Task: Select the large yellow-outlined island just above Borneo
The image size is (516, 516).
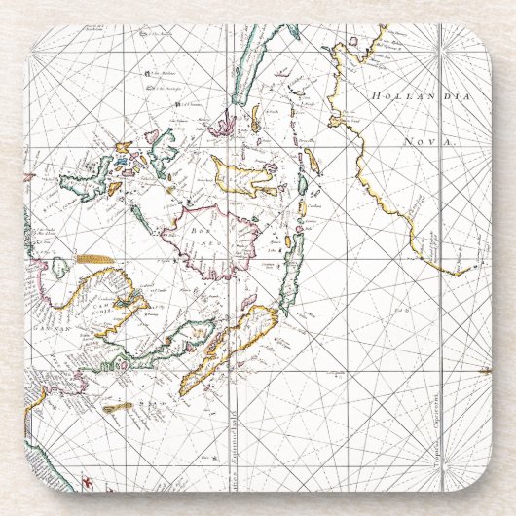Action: pos(244,179)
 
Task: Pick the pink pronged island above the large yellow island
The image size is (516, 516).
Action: pos(224,126)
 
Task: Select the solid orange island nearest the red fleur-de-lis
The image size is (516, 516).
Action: pos(118,408)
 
